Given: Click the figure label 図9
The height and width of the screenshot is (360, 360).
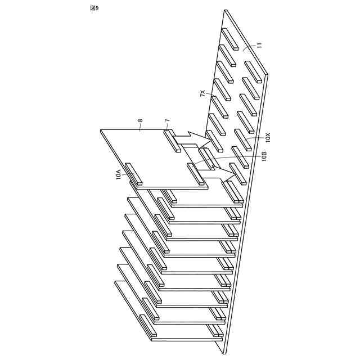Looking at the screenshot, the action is [94, 7].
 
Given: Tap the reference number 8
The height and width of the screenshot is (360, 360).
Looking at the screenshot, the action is [140, 120].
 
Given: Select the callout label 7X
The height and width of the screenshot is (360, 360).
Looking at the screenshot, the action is [203, 94].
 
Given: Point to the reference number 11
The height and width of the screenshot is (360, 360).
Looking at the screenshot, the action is [259, 46].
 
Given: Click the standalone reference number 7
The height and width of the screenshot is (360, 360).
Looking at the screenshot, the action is [167, 120].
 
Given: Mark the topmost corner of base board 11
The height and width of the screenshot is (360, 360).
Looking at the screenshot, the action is [225, 10].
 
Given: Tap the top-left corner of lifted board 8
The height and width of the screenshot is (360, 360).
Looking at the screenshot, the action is [101, 130].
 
